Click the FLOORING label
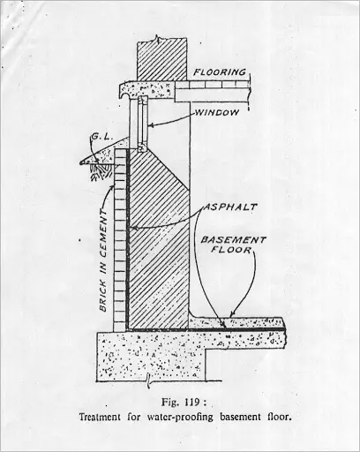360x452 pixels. click(220, 72)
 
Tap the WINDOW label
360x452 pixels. click(217, 112)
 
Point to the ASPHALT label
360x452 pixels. click(230, 207)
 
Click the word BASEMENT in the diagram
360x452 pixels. click(233, 240)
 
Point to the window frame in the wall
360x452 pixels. click(142, 124)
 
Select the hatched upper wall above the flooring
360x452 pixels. click(162, 59)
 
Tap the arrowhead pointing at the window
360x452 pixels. click(149, 125)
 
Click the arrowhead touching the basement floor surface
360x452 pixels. click(233, 314)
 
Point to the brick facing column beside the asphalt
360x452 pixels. click(119, 240)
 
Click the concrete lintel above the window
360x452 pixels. click(147, 90)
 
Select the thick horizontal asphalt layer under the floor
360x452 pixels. click(206, 329)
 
